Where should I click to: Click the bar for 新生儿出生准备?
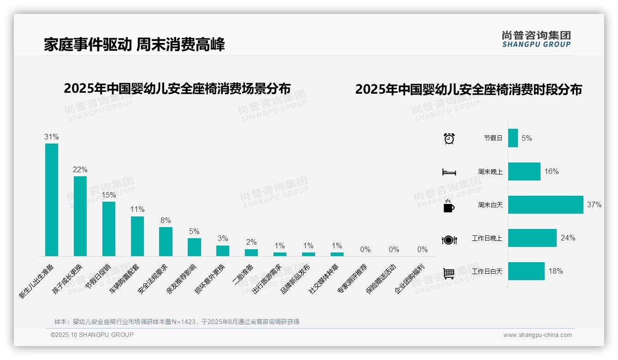tap(52, 200)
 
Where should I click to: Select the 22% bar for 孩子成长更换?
tap(80, 216)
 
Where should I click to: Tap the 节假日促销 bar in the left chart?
tap(109, 229)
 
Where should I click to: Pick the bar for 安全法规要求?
tap(166, 241)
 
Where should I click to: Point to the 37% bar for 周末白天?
tap(546, 204)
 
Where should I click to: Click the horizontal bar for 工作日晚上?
tap(532, 238)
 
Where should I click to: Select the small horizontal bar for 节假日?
tap(513, 138)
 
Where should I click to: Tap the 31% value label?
tap(52, 137)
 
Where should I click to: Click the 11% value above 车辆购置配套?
tap(137, 210)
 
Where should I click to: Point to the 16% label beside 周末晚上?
tap(552, 172)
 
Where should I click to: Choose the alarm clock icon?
tap(449, 138)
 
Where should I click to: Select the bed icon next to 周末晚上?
tap(449, 172)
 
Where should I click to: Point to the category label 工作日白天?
tap(487, 271)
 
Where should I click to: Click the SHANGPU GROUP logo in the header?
tap(536, 39)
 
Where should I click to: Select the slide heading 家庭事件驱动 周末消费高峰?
tap(134, 45)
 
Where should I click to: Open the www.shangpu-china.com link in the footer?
tap(537, 335)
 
